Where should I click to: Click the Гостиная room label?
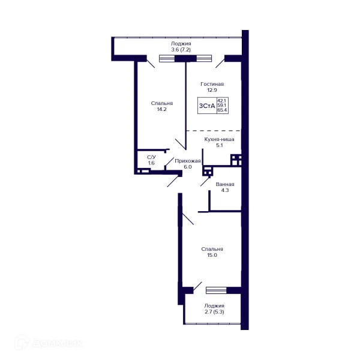click(212, 84)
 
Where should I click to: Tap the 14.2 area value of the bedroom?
click(161, 109)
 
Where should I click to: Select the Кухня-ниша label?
click(219, 139)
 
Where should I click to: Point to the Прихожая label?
click(188, 161)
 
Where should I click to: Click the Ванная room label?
click(225, 184)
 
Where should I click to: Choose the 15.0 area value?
click(212, 255)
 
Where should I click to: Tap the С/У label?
click(151, 157)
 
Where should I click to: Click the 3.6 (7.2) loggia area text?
click(181, 50)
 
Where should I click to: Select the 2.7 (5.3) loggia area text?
click(214, 312)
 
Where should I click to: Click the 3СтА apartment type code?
click(207, 106)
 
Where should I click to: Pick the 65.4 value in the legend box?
click(222, 110)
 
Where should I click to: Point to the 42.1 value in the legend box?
click(222, 101)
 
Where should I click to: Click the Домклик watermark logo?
click(49, 343)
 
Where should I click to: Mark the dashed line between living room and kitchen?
click(214, 131)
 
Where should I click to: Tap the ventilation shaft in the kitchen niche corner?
click(236, 160)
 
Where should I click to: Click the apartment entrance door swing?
click(173, 181)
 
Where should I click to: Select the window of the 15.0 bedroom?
click(216, 290)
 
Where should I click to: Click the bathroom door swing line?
click(205, 181)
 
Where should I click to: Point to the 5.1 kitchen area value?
click(220, 145)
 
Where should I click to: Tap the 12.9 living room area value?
click(212, 90)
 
